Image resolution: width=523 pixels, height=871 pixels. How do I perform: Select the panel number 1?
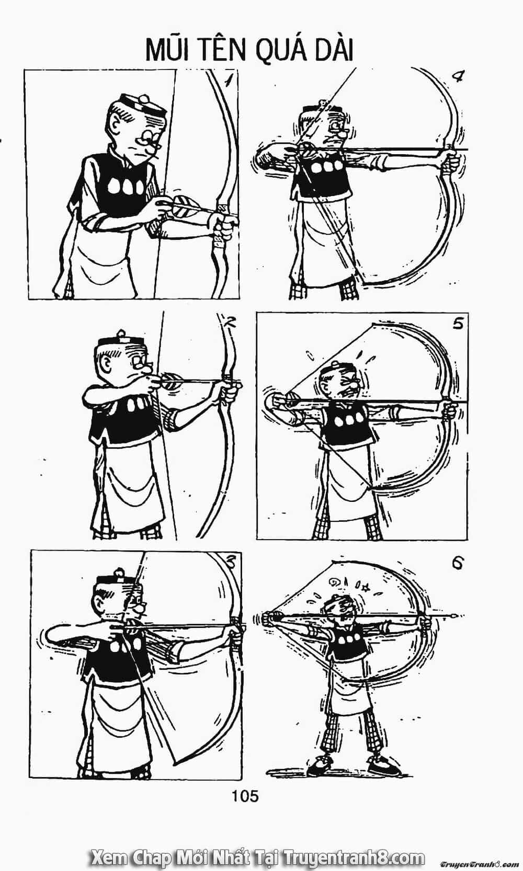coord(229,82)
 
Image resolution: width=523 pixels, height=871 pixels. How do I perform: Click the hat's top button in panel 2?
coord(121,333)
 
